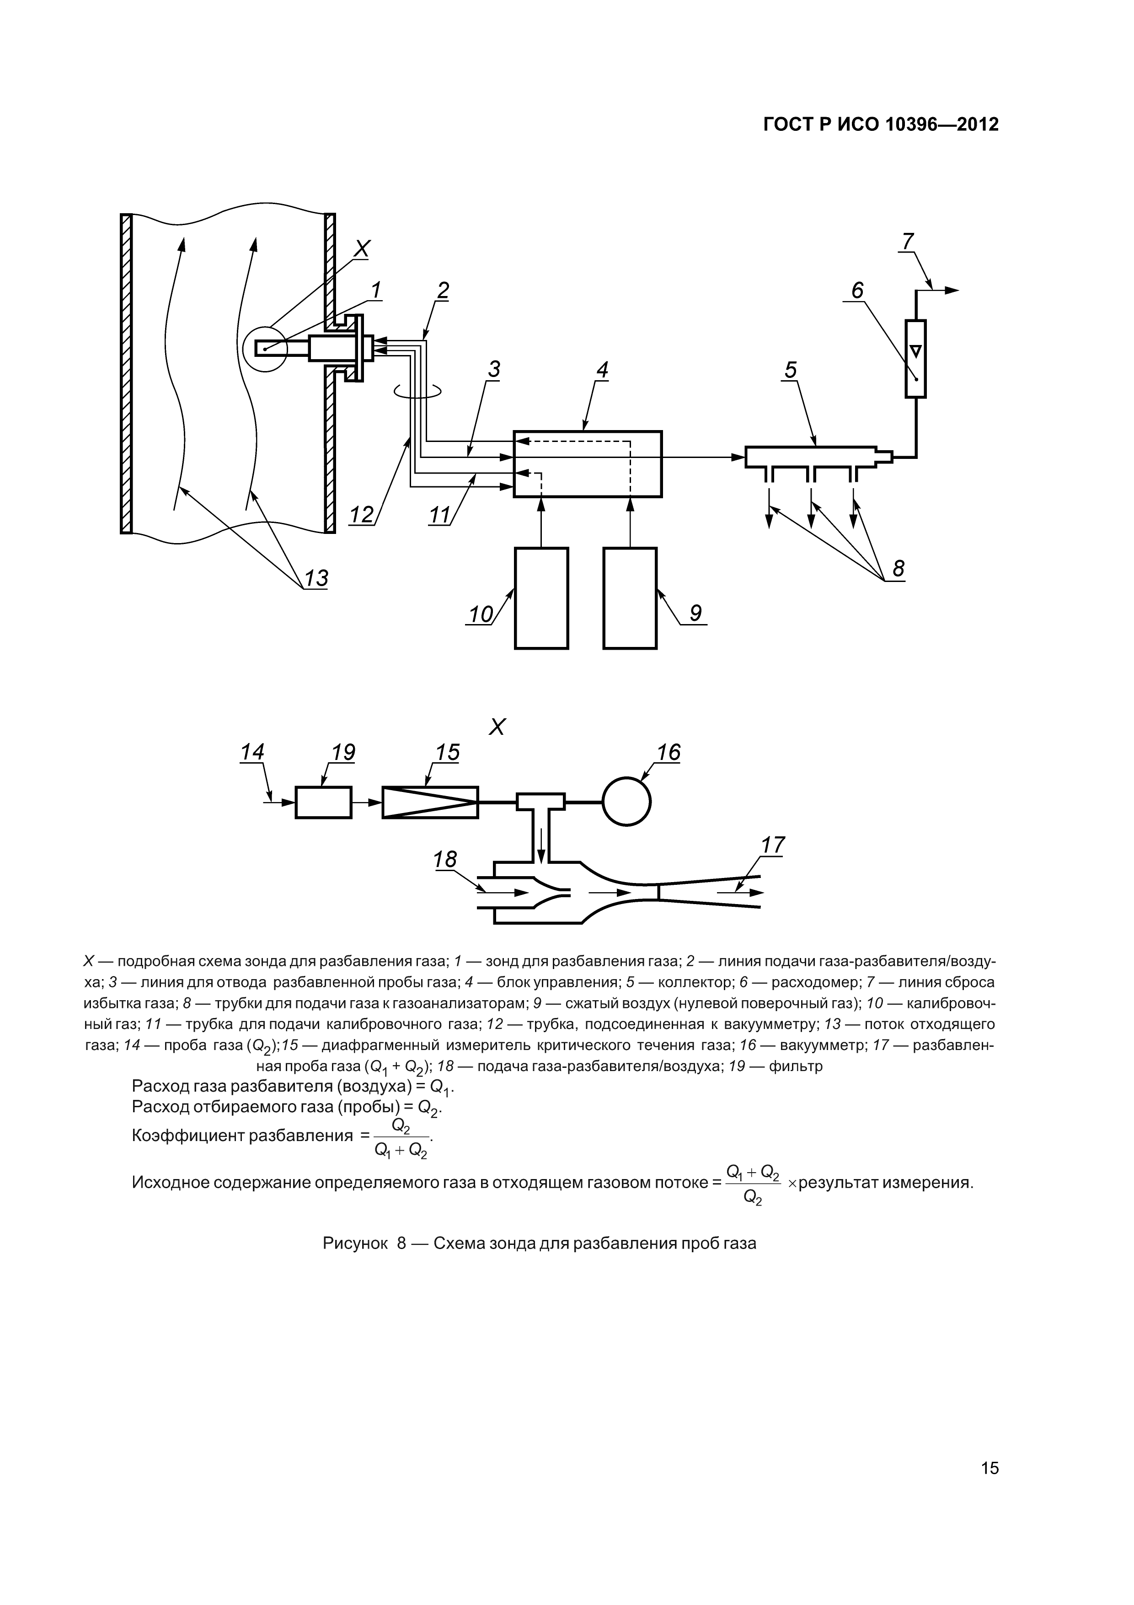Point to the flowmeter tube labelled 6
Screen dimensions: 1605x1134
915,359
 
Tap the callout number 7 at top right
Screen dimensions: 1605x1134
907,241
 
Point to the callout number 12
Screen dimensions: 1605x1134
362,515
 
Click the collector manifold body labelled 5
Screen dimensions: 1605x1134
811,457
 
